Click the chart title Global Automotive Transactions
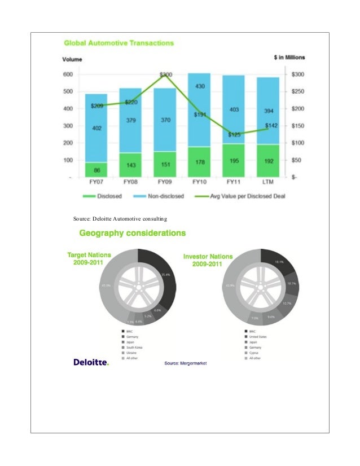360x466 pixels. pyautogui.click(x=118, y=43)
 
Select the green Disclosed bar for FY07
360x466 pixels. pyautogui.click(x=96, y=169)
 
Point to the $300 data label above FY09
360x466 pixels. pyautogui.click(x=166, y=74)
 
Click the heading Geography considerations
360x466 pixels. pyautogui.click(x=133, y=232)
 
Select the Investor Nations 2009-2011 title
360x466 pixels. pyautogui.click(x=208, y=261)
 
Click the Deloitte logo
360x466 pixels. pyautogui.click(x=91, y=362)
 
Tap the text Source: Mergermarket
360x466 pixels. pyautogui.click(x=186, y=363)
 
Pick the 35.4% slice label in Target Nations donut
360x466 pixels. pyautogui.click(x=165, y=275)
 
